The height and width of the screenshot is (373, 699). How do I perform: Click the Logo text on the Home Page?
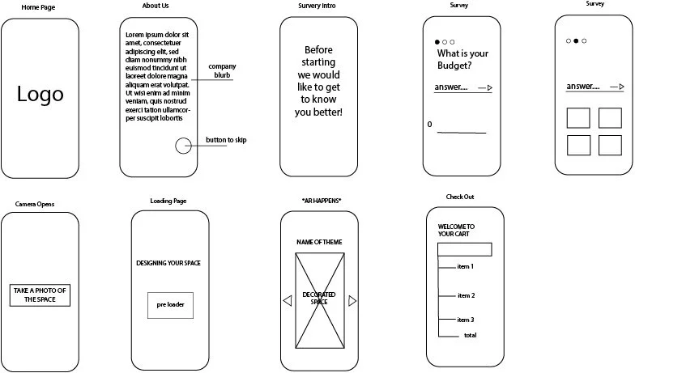pyautogui.click(x=40, y=95)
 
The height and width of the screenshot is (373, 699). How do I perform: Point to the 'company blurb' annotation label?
pyautogui.click(x=222, y=70)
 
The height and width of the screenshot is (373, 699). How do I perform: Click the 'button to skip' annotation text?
pyautogui.click(x=226, y=140)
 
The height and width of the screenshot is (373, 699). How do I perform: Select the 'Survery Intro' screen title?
pyautogui.click(x=317, y=6)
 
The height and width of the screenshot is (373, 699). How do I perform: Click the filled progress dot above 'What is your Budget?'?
pyautogui.click(x=437, y=42)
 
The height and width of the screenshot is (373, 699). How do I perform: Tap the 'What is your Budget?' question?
pyautogui.click(x=462, y=59)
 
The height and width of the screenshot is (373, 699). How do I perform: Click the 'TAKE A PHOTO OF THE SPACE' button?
pyautogui.click(x=40, y=295)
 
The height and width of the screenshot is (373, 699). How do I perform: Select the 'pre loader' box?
pyautogui.click(x=170, y=305)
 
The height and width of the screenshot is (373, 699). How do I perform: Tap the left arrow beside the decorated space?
pyautogui.click(x=288, y=301)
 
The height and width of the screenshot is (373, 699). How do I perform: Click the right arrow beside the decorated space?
pyautogui.click(x=352, y=301)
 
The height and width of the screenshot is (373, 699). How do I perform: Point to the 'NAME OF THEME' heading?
pyautogui.click(x=319, y=242)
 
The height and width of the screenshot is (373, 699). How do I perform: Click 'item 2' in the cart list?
pyautogui.click(x=466, y=295)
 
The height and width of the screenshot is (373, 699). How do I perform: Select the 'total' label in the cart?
pyautogui.click(x=470, y=335)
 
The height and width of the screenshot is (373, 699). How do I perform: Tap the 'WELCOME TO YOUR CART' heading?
pyautogui.click(x=456, y=230)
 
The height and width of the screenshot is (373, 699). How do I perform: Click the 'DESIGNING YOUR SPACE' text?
pyautogui.click(x=168, y=263)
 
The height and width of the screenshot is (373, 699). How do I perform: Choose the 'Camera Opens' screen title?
pyautogui.click(x=35, y=205)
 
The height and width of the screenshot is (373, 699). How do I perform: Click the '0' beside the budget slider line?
pyautogui.click(x=429, y=125)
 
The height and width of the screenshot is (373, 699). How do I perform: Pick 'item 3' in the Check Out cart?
pyautogui.click(x=466, y=320)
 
